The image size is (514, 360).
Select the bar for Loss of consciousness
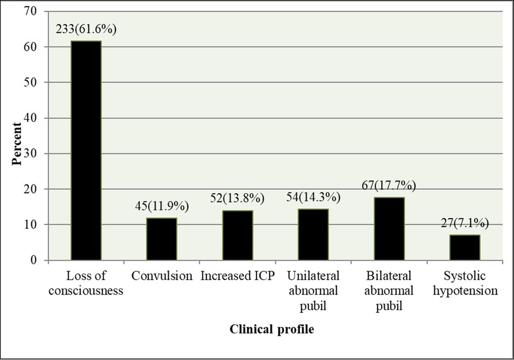pyautogui.click(x=86, y=151)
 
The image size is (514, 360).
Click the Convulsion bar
pyautogui.click(x=162, y=239)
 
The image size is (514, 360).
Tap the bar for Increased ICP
pyautogui.click(x=237, y=235)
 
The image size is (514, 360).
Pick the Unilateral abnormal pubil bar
pyautogui.click(x=313, y=234)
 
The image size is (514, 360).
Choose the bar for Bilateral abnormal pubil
pyautogui.click(x=389, y=228)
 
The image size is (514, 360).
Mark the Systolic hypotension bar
pyautogui.click(x=464, y=247)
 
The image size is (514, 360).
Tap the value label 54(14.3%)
pyautogui.click(x=313, y=198)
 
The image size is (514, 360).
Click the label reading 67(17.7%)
pyautogui.click(x=389, y=186)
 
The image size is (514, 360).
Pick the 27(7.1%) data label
pyautogui.click(x=464, y=224)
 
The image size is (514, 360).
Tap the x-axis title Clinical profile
pyautogui.click(x=272, y=329)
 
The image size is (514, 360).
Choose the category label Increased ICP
pyautogui.click(x=237, y=276)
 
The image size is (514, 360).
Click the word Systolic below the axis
pyautogui.click(x=464, y=276)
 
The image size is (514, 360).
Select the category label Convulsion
pyautogui.click(x=162, y=276)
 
